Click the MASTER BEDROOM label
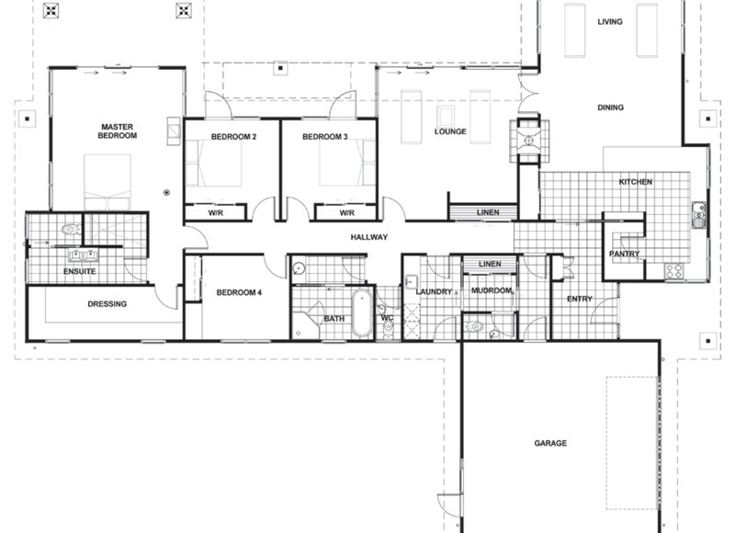[119, 130]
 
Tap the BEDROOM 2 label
[233, 137]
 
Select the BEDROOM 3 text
[324, 137]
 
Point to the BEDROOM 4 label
[239, 293]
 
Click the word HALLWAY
[370, 237]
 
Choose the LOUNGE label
[450, 131]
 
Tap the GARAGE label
[550, 443]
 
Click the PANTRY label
[624, 254]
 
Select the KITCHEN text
[635, 182]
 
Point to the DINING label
[610, 108]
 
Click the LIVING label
[610, 21]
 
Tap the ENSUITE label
[79, 271]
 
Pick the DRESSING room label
[107, 304]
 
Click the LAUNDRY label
[434, 292]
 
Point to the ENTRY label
[580, 299]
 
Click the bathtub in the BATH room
[360, 312]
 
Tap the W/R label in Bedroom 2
[216, 212]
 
